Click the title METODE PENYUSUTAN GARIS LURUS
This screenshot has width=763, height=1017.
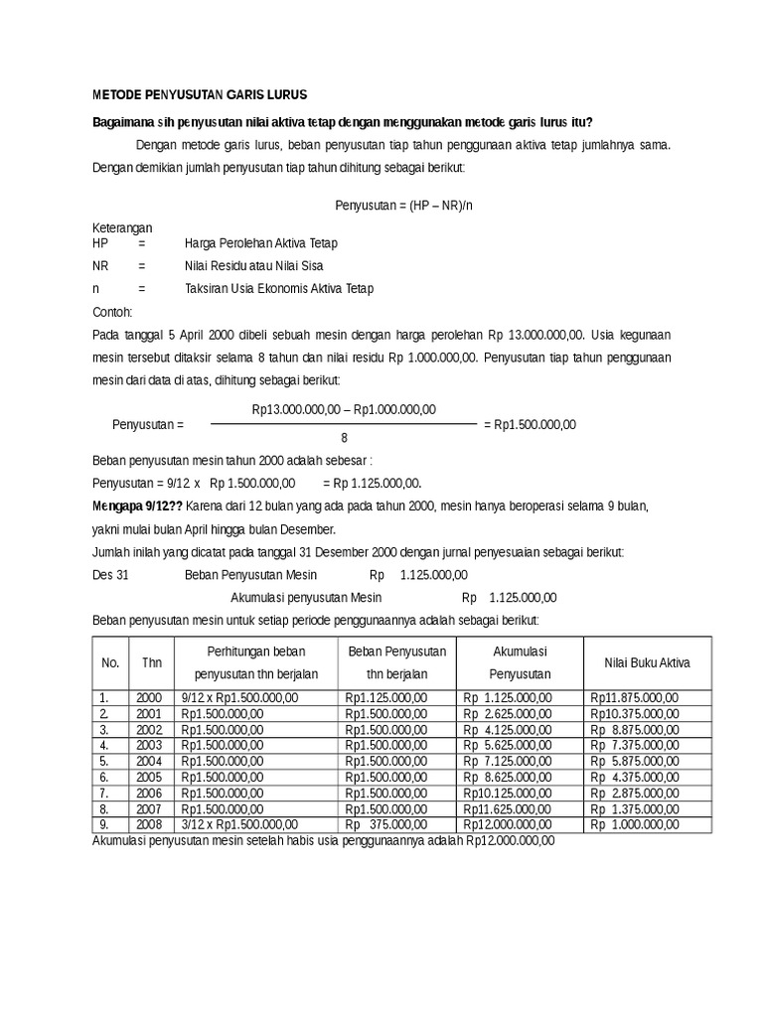[x=200, y=95]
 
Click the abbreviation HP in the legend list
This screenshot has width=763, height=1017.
[x=99, y=243]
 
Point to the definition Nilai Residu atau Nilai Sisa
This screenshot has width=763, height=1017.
[x=253, y=266]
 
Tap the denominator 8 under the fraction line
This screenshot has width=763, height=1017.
[x=344, y=438]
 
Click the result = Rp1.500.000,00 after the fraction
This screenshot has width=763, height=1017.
[x=530, y=425]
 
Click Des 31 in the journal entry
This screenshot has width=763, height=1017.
[x=110, y=575]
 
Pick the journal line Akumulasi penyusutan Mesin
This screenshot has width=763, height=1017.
[x=306, y=598]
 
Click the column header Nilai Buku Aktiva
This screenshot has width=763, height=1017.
[x=647, y=662]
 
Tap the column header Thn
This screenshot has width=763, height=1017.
[x=152, y=662]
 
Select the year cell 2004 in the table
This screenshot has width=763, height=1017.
[x=148, y=760]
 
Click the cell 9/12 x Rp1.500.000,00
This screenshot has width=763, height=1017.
[x=239, y=698]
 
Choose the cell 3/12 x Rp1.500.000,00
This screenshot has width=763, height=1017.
[x=239, y=823]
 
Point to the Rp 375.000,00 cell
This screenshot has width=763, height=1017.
[x=386, y=823]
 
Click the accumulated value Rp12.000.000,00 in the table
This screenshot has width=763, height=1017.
[x=507, y=823]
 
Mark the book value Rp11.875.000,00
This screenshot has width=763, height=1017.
[x=634, y=698]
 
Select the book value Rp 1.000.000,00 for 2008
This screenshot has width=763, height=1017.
[x=634, y=823]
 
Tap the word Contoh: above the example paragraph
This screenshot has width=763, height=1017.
[x=112, y=311]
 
